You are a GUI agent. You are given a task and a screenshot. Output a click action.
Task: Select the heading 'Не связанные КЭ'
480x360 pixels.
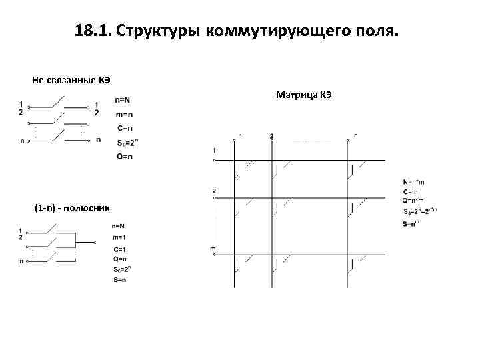pos(71,80)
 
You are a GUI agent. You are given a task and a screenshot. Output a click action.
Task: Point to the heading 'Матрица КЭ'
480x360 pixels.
pos(304,95)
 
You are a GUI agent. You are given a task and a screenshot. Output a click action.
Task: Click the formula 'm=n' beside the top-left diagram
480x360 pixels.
pos(123,114)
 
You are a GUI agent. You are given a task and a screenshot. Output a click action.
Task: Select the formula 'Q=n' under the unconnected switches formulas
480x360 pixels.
pos(124,156)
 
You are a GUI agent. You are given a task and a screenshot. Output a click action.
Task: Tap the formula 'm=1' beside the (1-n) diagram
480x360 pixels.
pos(121,237)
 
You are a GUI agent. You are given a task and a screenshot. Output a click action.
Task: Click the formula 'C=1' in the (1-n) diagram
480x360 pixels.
pos(120,249)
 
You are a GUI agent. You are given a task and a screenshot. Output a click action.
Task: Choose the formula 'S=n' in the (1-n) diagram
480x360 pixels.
pos(120,280)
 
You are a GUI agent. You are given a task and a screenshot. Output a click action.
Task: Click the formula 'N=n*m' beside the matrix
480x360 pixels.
pos(413,181)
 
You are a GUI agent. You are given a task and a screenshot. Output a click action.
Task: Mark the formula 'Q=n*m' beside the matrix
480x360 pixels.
pos(413,199)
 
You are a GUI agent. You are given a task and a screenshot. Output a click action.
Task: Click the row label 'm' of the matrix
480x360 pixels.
pos(213,249)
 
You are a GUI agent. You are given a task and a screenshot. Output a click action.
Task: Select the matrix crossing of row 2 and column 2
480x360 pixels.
pos(272,197)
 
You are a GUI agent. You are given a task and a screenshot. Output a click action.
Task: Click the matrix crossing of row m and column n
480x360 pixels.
pos(349,255)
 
